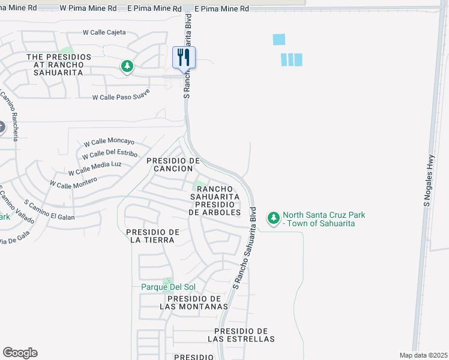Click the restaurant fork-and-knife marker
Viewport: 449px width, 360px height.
[184, 58]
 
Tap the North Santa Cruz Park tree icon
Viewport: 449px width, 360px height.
[274, 218]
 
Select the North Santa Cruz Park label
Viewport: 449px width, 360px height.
[324, 219]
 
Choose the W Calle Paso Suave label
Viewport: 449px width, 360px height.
[121, 95]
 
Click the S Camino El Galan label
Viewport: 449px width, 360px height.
[50, 211]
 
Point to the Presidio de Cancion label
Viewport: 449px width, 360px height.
[173, 164]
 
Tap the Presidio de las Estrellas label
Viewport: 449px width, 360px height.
[241, 335]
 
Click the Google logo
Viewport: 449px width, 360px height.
[20, 353]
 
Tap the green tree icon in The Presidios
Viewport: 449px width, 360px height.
[127, 66]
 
